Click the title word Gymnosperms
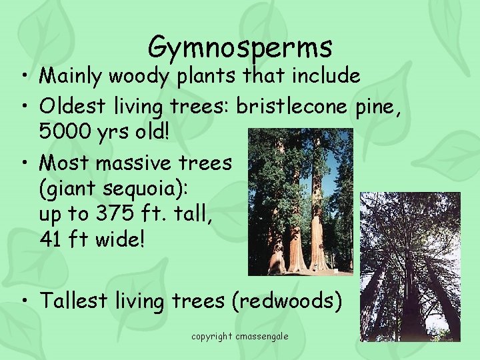pos(240,47)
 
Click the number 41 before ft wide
pos(51,238)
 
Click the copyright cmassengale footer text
pos(240,337)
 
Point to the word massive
pos(135,162)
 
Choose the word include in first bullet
pos(323,77)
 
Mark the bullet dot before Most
pos(24,163)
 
